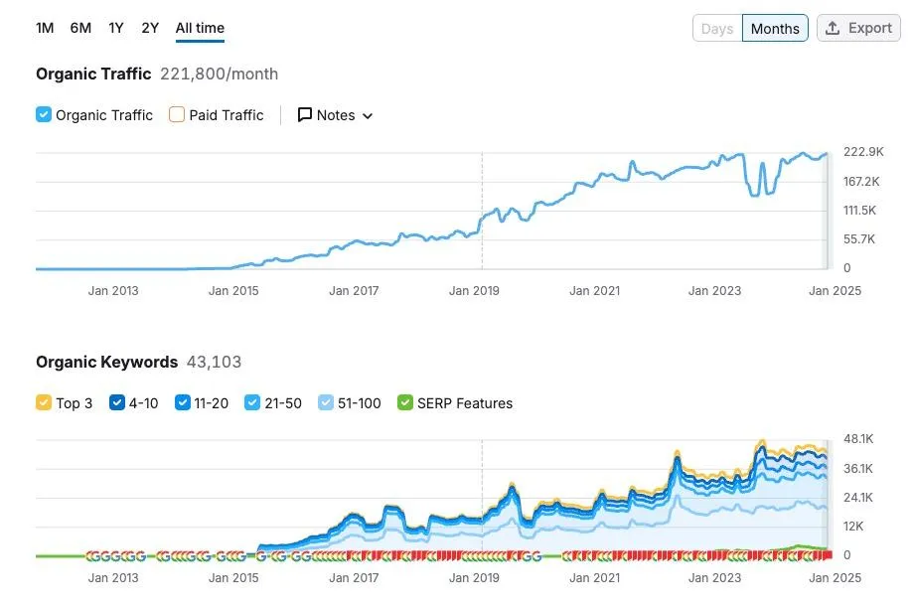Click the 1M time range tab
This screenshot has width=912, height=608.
pyautogui.click(x=45, y=28)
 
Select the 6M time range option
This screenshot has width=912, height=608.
pyautogui.click(x=80, y=28)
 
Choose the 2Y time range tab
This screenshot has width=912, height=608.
pyautogui.click(x=150, y=28)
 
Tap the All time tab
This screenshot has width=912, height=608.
pyautogui.click(x=200, y=28)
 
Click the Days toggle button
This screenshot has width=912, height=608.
pyautogui.click(x=717, y=29)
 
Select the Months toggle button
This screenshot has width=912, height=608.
pyautogui.click(x=775, y=29)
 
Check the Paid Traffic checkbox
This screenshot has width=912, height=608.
pyautogui.click(x=177, y=115)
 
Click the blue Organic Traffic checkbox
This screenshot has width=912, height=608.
pyautogui.click(x=44, y=115)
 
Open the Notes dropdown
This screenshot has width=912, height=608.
pyautogui.click(x=336, y=115)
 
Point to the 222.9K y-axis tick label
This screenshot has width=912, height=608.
pyautogui.click(x=862, y=152)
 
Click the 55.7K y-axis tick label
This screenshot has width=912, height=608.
pyautogui.click(x=860, y=239)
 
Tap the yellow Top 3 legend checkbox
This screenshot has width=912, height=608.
pyautogui.click(x=44, y=403)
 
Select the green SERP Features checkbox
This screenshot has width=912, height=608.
pyautogui.click(x=404, y=403)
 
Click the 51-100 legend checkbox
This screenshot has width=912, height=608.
pyautogui.click(x=327, y=403)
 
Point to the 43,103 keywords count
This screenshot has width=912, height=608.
pyautogui.click(x=214, y=362)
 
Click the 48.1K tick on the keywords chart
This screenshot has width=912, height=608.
pyautogui.click(x=859, y=439)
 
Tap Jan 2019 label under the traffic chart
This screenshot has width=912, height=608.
pyautogui.click(x=474, y=291)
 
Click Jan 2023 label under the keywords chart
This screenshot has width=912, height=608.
pyautogui.click(x=714, y=578)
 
